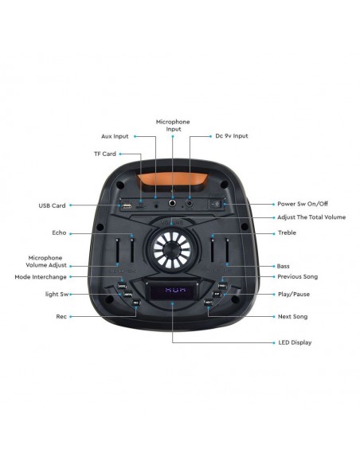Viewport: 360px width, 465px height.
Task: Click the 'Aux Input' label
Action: pos(115,136)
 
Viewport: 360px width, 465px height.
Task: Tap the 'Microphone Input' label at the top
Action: pos(173,124)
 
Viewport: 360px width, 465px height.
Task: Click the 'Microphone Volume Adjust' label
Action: pos(46,261)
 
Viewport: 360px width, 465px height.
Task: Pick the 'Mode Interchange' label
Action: pos(42,277)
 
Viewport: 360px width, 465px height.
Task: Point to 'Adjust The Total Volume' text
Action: pos(311,217)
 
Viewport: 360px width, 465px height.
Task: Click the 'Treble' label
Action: pos(287,233)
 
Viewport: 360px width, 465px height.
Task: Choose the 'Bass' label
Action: pos(283,265)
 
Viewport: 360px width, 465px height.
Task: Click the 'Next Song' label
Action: pos(292,317)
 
